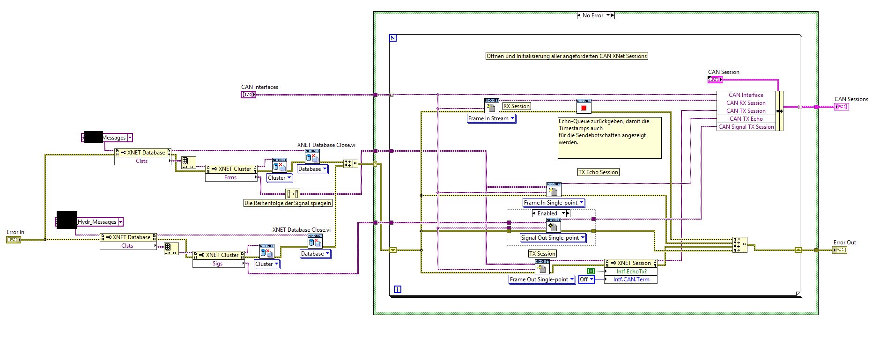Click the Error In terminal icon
[x=14, y=240]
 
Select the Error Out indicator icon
[x=840, y=250]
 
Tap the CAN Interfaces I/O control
[x=248, y=95]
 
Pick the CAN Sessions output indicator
[x=841, y=107]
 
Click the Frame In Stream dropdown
[x=491, y=118]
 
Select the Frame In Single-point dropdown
[x=554, y=203]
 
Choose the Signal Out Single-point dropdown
[x=553, y=238]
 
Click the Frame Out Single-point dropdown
[x=542, y=279]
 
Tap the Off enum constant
[x=586, y=279]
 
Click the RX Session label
[x=517, y=106]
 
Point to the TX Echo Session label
[x=598, y=172]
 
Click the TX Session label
[x=542, y=254]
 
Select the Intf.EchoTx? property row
[x=631, y=272]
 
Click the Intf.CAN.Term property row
[x=631, y=279]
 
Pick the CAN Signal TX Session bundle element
[x=746, y=127]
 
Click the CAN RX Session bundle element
[x=746, y=103]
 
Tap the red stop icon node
[x=584, y=108]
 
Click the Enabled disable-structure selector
[x=551, y=213]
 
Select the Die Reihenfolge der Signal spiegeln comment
[x=288, y=203]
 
